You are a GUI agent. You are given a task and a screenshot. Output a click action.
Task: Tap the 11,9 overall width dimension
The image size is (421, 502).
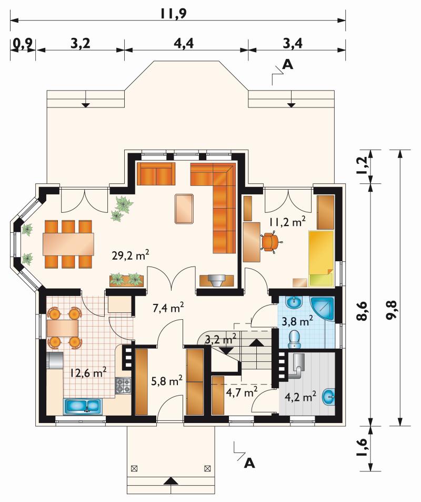[x=174, y=14]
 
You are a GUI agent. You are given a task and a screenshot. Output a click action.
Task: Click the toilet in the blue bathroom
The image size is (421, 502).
[x=294, y=339]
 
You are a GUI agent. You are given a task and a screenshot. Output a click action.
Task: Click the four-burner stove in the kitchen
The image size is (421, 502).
[x=124, y=386]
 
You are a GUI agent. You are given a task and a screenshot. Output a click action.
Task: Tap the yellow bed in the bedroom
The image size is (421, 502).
[x=321, y=258]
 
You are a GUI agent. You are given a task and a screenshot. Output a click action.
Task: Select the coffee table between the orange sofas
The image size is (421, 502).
[x=184, y=209]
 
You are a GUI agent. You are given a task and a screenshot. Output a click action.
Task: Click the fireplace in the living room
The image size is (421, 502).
[x=216, y=280]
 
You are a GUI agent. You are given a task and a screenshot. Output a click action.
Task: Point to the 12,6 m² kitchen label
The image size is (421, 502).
[x=88, y=372]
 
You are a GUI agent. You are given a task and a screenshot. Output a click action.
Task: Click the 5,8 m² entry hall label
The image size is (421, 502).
[x=167, y=381]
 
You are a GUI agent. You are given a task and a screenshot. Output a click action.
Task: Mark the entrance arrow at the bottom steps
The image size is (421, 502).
[x=171, y=480]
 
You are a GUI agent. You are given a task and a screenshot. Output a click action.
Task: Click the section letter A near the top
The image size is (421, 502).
[x=288, y=65]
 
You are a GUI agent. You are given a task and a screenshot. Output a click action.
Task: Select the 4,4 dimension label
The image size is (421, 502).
[x=184, y=43]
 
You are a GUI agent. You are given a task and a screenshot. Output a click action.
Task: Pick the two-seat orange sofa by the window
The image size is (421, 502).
[x=156, y=173]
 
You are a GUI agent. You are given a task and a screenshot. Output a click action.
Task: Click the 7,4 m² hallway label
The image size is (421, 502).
[x=168, y=308]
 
